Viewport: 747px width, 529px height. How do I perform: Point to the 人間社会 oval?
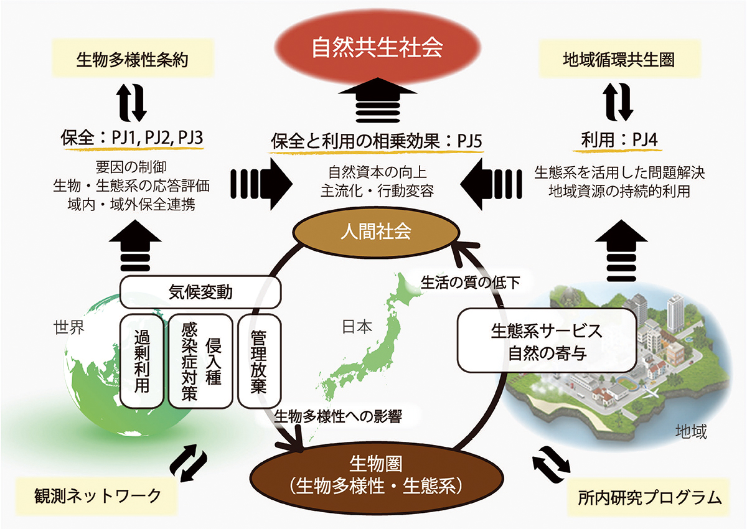375,232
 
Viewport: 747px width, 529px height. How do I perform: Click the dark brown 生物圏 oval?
375,475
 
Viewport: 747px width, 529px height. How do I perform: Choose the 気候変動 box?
200,291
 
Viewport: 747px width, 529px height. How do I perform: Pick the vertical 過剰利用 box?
142,360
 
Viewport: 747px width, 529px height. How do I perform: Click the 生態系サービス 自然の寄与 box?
548,341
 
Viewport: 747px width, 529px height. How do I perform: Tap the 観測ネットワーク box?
98,496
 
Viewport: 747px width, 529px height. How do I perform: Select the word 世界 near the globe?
69,328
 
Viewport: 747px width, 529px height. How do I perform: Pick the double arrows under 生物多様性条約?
131,103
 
